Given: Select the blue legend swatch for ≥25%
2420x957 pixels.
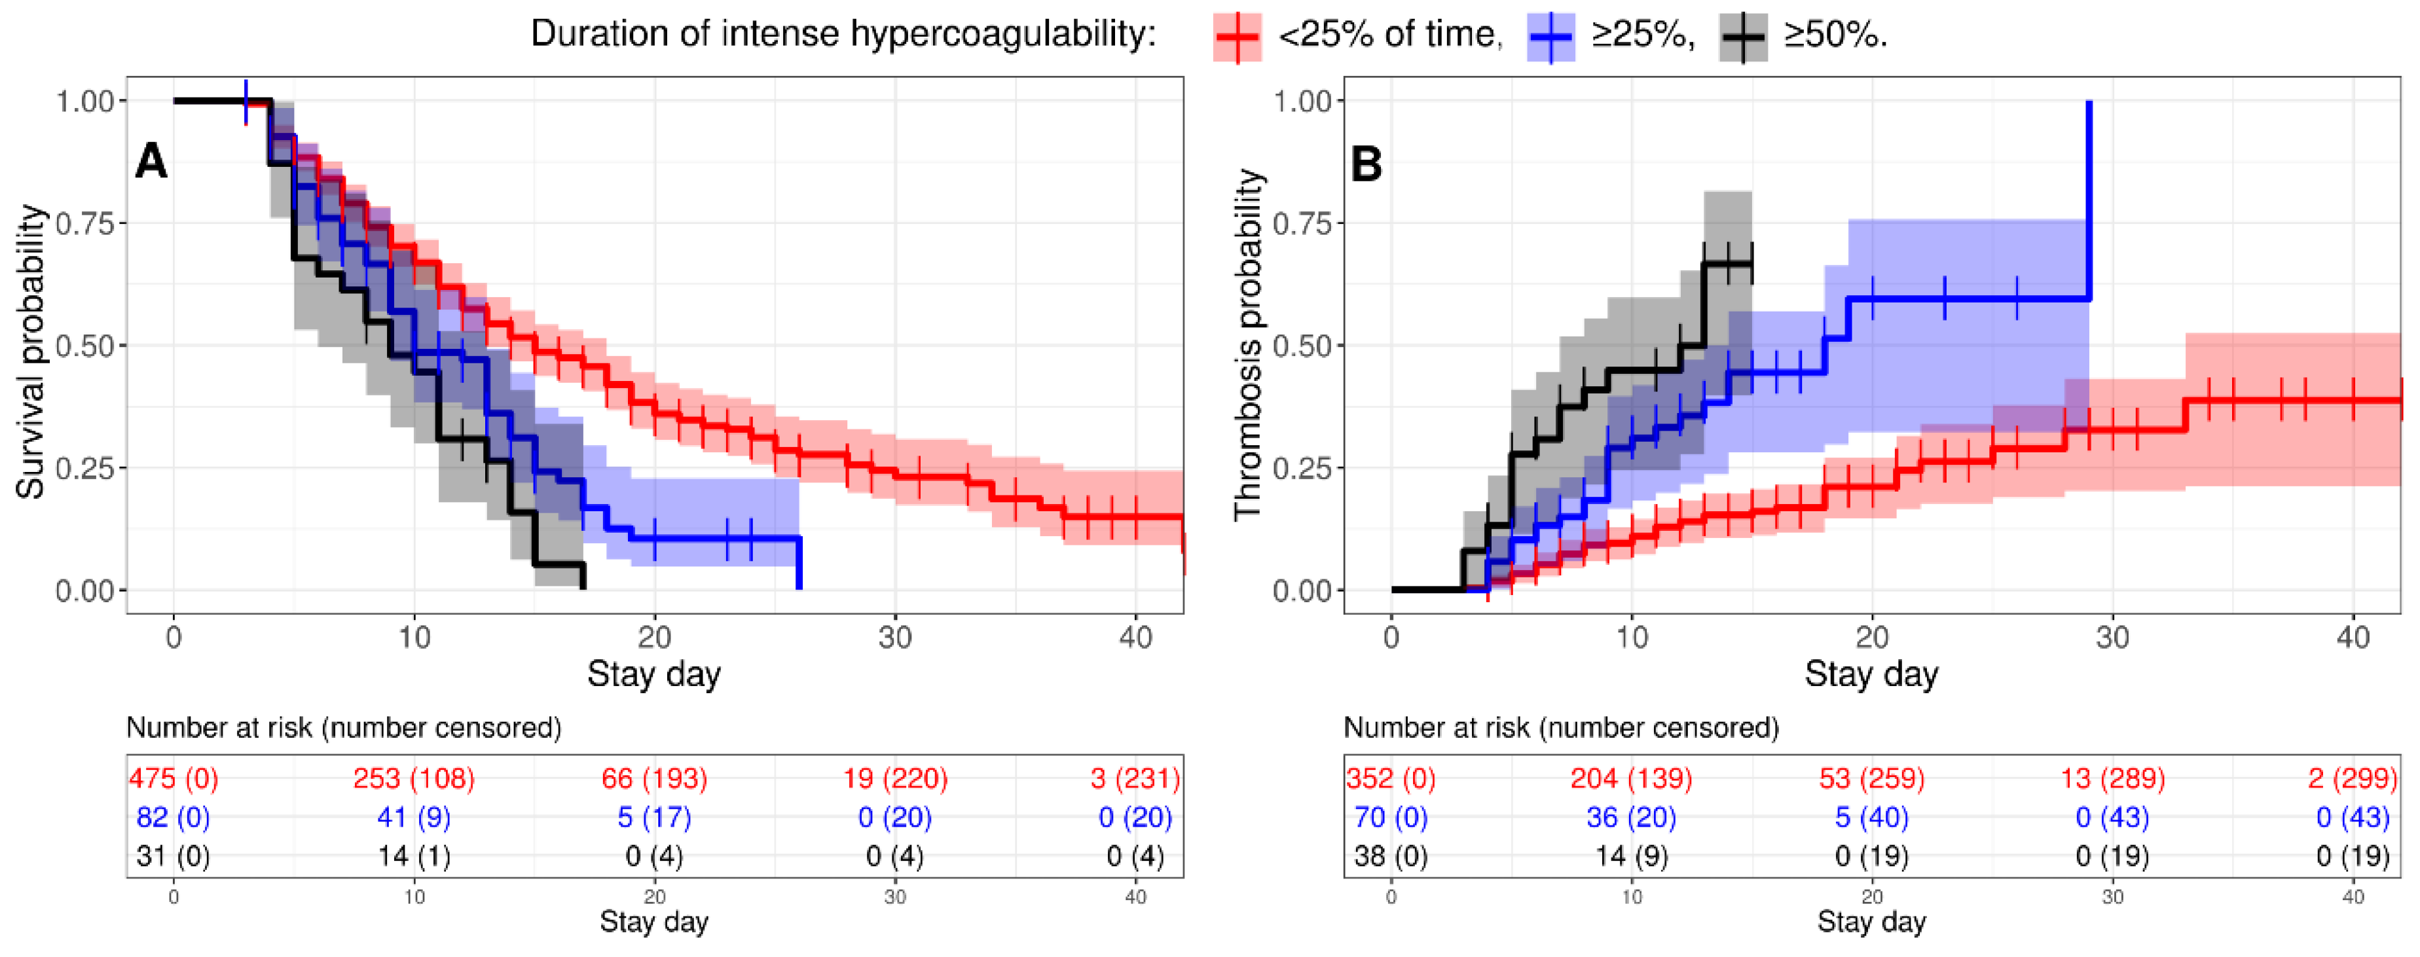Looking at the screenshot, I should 1550,37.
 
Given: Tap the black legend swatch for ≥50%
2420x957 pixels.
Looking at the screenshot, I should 1744,37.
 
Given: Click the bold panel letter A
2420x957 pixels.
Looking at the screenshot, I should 151,162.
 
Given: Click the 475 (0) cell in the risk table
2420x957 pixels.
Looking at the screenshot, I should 174,778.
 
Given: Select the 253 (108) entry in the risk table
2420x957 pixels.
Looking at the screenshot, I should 414,778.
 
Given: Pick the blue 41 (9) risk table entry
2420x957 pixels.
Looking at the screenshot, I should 414,817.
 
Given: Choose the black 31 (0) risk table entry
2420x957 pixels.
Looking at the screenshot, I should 174,856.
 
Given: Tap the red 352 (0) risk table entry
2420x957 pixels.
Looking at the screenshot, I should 1391,778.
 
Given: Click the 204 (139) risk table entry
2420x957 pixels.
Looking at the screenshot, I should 1632,778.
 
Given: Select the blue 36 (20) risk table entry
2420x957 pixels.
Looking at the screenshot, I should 1632,817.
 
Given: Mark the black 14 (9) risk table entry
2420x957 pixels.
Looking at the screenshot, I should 1632,856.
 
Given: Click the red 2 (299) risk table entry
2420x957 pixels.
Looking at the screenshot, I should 2353,778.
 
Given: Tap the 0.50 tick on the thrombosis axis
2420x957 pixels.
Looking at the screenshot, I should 1302,346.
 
